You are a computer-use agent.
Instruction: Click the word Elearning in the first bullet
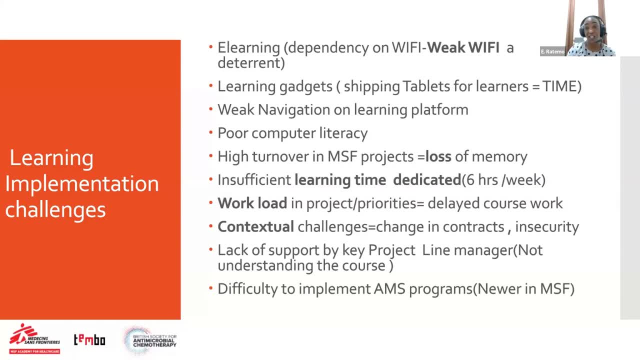click(248, 47)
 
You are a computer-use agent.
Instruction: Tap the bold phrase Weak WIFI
click(463, 47)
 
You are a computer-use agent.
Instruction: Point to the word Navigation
click(303, 109)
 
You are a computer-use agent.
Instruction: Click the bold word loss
click(438, 156)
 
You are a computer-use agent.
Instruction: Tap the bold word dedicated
click(427, 180)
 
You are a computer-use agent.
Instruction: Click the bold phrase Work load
click(252, 203)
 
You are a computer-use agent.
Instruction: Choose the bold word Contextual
click(255, 227)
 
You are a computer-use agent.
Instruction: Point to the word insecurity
click(547, 227)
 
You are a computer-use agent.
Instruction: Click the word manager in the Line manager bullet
click(483, 250)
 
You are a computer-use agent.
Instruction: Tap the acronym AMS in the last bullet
click(389, 289)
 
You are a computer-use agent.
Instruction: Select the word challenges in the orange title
click(55, 210)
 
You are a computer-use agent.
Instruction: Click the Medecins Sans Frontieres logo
click(34, 339)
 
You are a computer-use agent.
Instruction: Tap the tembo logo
click(89, 339)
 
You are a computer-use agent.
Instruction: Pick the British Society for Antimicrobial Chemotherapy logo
click(150, 340)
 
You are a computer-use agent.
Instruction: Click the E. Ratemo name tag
click(552, 51)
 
